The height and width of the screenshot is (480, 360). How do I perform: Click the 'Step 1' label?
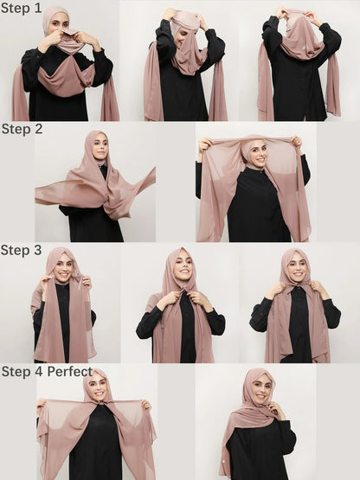[x=21, y=8]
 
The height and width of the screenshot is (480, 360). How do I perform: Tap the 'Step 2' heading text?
[x=21, y=129]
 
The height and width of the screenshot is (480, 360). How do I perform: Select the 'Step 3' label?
[x=21, y=250]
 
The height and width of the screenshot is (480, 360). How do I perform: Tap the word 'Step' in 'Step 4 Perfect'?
[x=16, y=372]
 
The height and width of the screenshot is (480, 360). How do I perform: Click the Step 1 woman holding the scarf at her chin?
[x=61, y=65]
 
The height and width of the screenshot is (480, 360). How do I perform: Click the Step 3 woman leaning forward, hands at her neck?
[x=182, y=303]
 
